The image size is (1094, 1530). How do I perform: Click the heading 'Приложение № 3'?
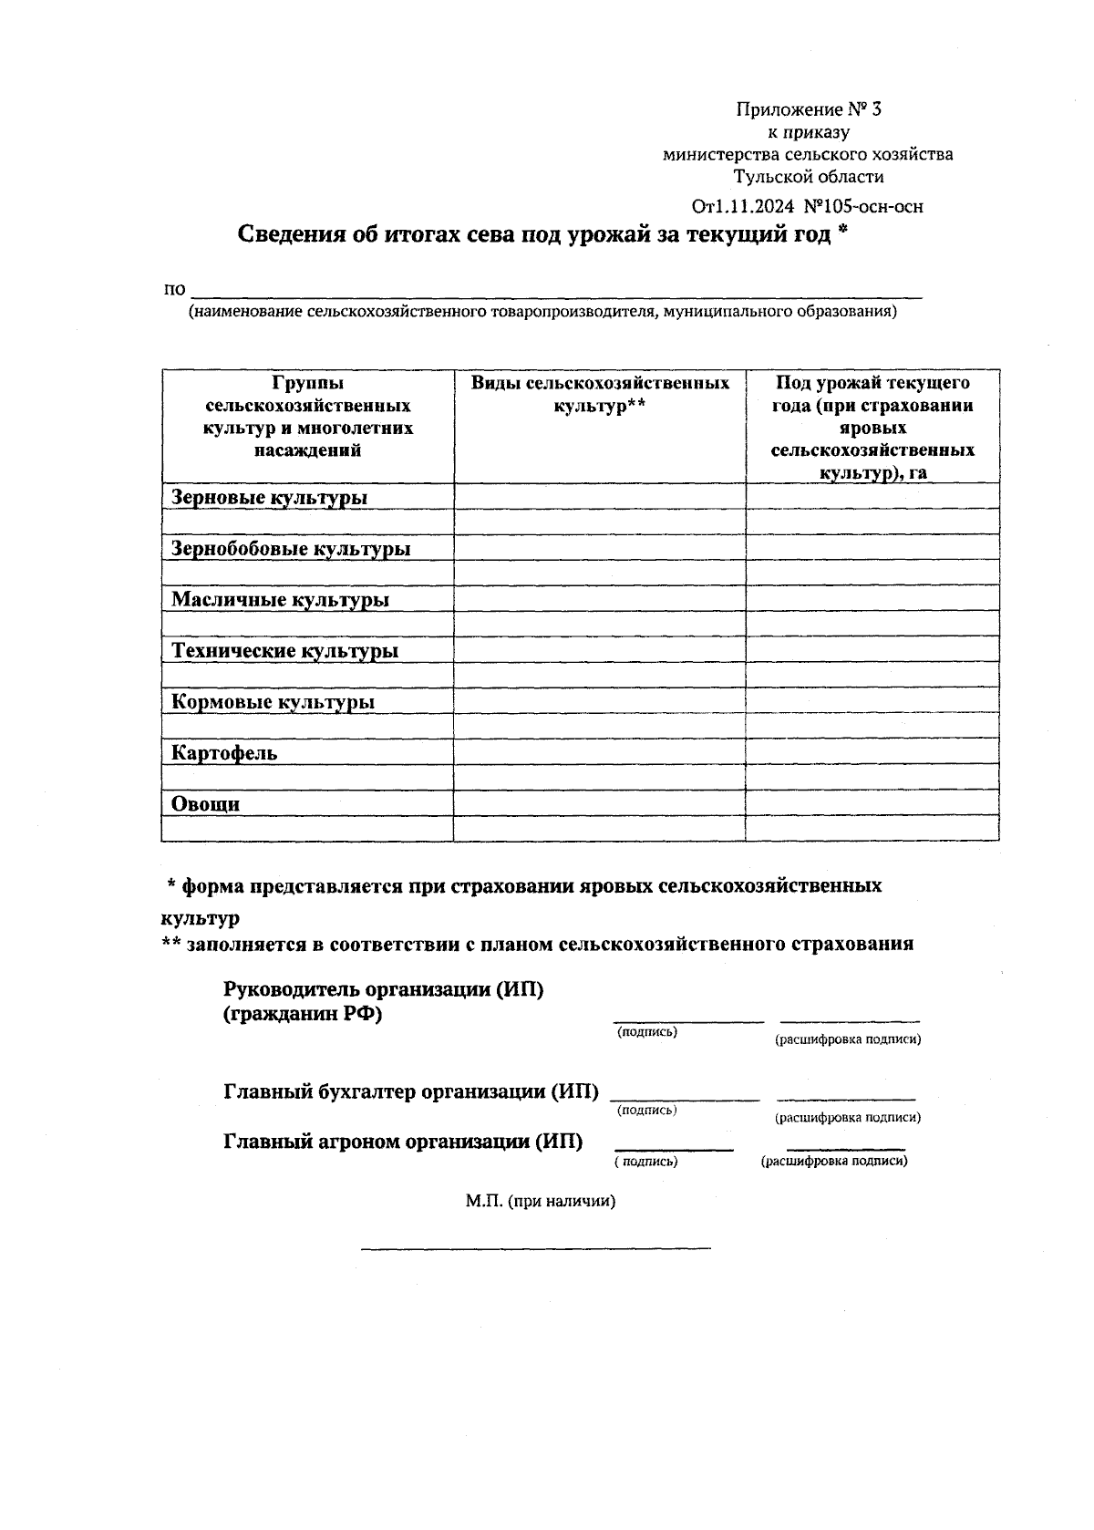[809, 110]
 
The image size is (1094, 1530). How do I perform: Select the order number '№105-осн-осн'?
[863, 207]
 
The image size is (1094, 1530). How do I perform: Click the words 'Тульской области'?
[809, 177]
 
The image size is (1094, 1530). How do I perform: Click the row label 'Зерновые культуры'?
[270, 497]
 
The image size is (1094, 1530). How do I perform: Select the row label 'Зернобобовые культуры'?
[291, 548]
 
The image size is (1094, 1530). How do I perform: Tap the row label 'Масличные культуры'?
[280, 599]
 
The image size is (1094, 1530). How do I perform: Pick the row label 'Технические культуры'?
[284, 650]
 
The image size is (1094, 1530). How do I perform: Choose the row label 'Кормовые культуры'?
[273, 701]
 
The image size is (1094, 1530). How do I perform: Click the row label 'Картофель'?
[224, 752]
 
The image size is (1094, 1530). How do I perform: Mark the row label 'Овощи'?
[206, 803]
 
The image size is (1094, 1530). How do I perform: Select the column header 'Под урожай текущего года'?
[872, 427]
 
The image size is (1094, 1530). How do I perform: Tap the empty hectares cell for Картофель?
[872, 752]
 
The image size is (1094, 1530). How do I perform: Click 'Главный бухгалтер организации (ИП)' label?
[411, 1091]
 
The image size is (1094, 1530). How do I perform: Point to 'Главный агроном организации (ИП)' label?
[403, 1141]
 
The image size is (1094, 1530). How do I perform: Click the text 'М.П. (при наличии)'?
[541, 1201]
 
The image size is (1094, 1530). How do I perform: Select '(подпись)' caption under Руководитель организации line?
[646, 1032]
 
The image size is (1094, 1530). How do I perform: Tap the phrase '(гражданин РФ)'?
[302, 1014]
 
